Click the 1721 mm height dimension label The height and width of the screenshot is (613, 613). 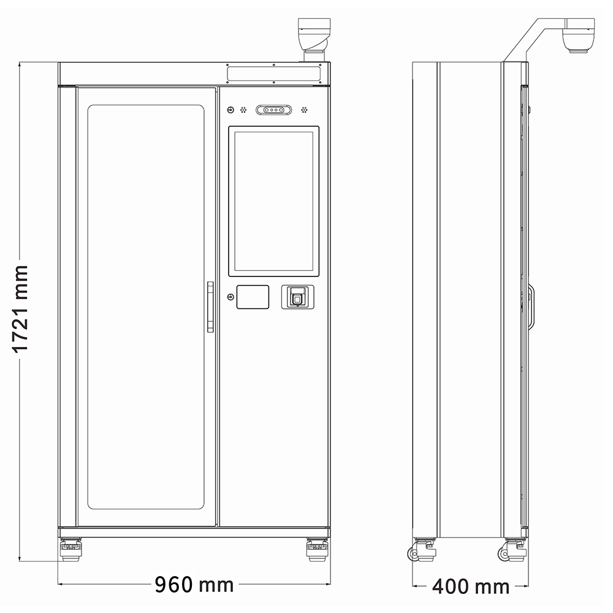pyautogui.click(x=20, y=309)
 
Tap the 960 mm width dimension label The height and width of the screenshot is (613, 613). pyautogui.click(x=194, y=585)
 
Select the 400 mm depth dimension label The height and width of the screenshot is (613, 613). pyautogui.click(x=471, y=587)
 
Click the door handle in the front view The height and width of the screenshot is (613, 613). pyautogui.click(x=210, y=307)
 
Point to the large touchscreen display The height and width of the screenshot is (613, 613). pyautogui.click(x=273, y=201)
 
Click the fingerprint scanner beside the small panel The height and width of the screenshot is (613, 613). pyautogui.click(x=298, y=297)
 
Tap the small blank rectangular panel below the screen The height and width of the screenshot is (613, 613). pyautogui.click(x=253, y=297)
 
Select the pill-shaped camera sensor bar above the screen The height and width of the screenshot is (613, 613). pyautogui.click(x=273, y=110)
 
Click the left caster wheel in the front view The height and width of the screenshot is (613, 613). pyautogui.click(x=70, y=549)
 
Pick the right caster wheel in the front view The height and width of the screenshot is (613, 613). pyautogui.click(x=317, y=549)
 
